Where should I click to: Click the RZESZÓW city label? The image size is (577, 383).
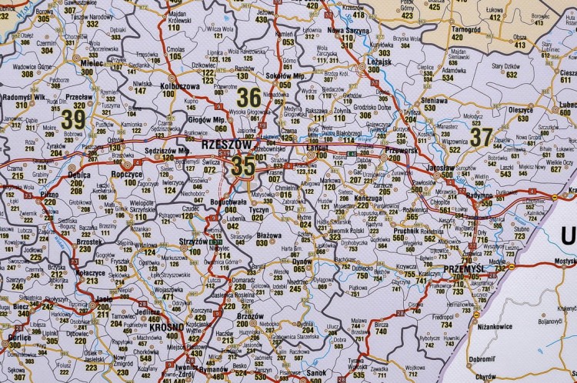coord(226,144)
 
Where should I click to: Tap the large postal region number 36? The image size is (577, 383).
coord(248,97)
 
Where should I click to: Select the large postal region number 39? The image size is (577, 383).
coord(73,119)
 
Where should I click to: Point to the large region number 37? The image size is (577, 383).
coord(482,136)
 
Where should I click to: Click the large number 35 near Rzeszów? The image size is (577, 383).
coord(243,165)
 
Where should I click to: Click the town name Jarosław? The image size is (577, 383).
coord(440,166)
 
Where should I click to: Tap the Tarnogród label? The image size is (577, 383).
coord(465,30)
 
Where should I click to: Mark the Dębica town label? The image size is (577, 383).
coord(79,175)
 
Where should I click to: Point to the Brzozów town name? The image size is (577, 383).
coord(251,316)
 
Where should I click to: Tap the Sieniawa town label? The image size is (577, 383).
coord(434,99)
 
